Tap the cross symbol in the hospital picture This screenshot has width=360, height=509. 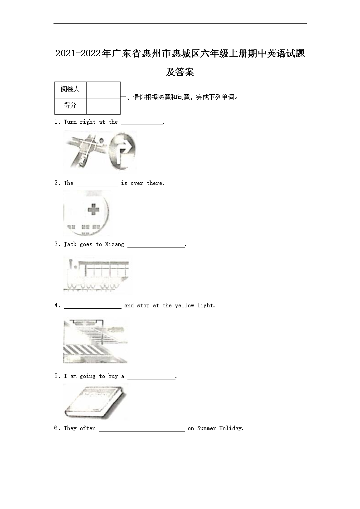[x=93, y=210]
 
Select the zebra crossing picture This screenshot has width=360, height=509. [x=95, y=340]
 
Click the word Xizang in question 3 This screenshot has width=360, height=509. [x=114, y=244]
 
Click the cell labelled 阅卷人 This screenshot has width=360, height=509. [x=70, y=89]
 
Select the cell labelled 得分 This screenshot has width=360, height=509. [x=70, y=106]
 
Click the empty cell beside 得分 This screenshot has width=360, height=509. [x=103, y=106]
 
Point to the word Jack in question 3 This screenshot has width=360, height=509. [x=70, y=244]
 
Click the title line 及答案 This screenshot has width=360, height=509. [x=180, y=72]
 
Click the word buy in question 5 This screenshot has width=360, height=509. [x=113, y=376]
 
